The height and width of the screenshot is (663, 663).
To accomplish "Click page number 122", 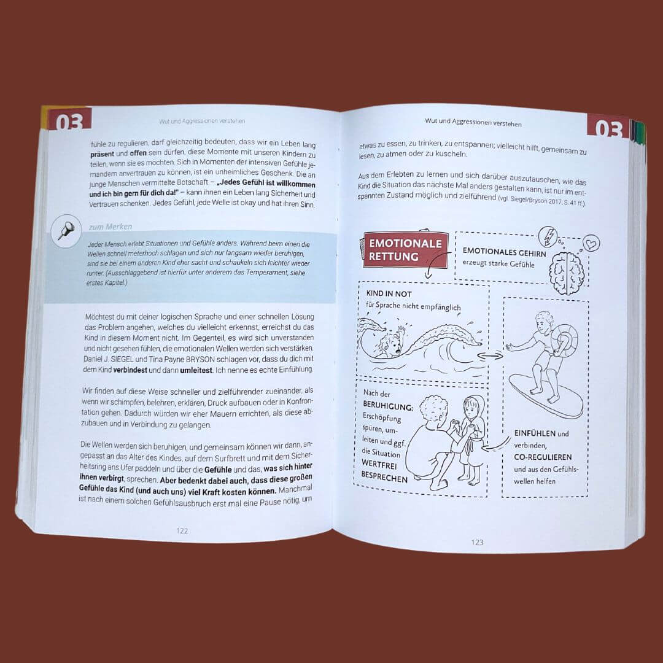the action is pyautogui.click(x=182, y=530).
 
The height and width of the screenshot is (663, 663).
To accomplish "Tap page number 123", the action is pyautogui.click(x=477, y=542).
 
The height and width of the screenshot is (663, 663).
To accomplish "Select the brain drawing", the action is pyautogui.click(x=567, y=273).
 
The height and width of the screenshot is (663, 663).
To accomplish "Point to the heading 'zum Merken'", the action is pyautogui.click(x=110, y=227).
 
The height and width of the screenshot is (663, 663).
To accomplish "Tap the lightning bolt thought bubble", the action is pyautogui.click(x=548, y=237).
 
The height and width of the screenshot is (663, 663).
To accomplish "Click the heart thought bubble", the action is pyautogui.click(x=591, y=243).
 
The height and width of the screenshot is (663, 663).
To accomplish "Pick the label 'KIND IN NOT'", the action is pyautogui.click(x=389, y=293).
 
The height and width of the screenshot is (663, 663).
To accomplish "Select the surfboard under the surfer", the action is pyautogui.click(x=546, y=396).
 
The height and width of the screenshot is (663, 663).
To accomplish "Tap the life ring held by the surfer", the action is pyautogui.click(x=564, y=341).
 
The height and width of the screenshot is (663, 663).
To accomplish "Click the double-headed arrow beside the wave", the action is pyautogui.click(x=490, y=356).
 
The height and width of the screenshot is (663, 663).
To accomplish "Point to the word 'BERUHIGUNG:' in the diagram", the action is pyautogui.click(x=388, y=406).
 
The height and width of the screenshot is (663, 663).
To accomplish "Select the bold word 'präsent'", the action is pyautogui.click(x=102, y=154).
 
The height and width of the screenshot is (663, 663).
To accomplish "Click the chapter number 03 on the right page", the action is pyautogui.click(x=609, y=128).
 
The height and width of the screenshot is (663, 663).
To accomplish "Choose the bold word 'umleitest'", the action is pyautogui.click(x=196, y=370).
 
